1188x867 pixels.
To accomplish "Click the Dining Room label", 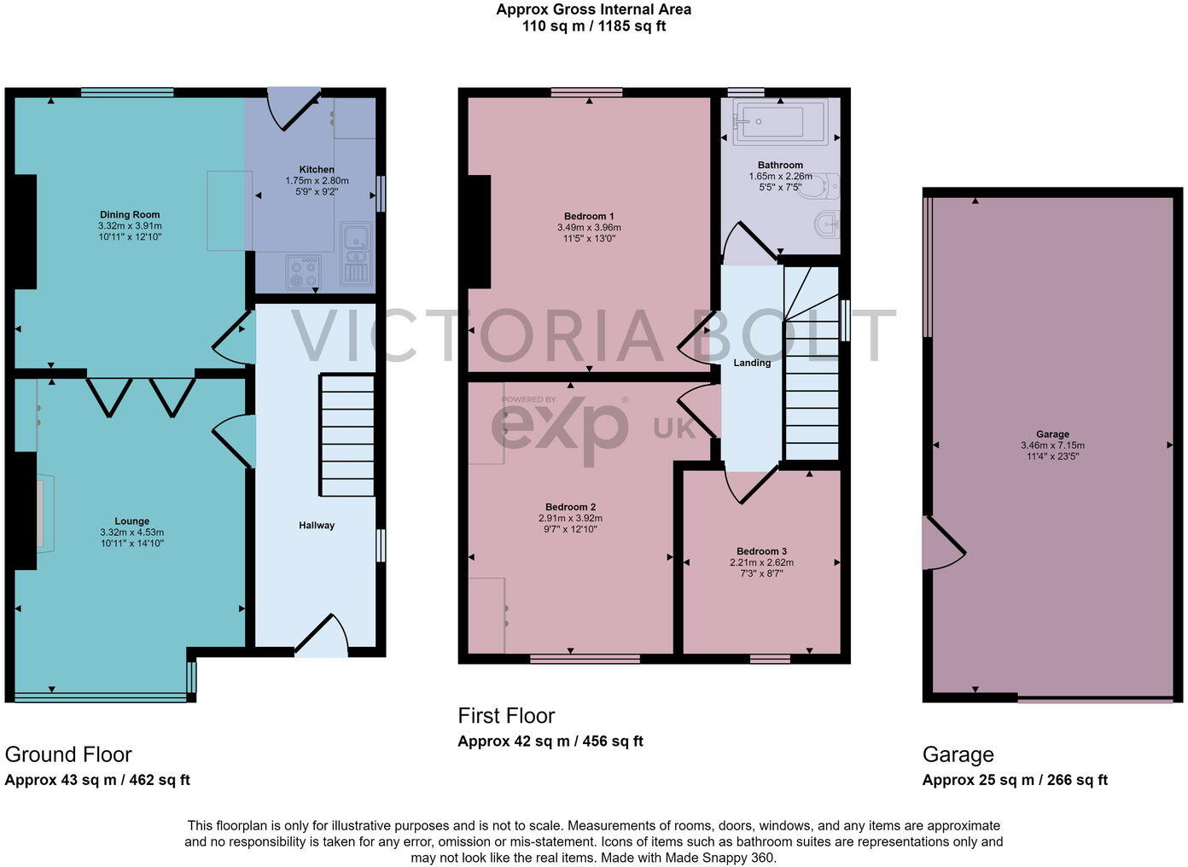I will point(130,215).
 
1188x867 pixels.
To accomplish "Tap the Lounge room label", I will point(131,521).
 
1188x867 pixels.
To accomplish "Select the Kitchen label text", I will point(317,169).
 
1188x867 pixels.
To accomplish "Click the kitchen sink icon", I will point(355,253).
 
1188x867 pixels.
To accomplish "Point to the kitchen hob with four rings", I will point(304,272).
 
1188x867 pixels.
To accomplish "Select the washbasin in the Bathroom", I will point(826,226).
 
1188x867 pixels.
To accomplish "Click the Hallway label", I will point(317,526).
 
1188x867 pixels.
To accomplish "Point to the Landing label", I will point(752,363).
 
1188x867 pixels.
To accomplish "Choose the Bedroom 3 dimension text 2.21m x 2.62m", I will point(761,562).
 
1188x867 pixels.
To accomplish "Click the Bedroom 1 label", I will point(589,217).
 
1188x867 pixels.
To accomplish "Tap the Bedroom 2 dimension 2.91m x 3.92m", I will point(570,518).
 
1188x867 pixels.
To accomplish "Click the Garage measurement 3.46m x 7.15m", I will point(1052,445).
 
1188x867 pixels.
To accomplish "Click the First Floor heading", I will point(506,716).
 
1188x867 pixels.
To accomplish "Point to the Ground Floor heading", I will point(68,754).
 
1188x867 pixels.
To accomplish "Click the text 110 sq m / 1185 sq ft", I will point(594,26).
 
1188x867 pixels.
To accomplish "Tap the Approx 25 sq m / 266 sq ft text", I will point(1015,780).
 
